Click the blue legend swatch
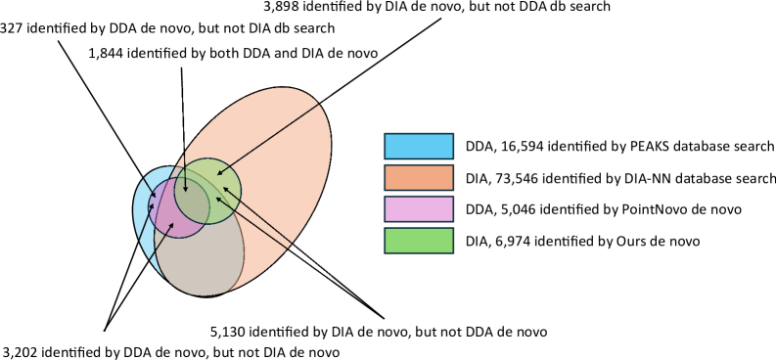pos(419,146)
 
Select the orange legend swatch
pos(419,177)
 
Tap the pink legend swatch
pos(419,208)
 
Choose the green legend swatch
pos(419,240)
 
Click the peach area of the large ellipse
pos(284,147)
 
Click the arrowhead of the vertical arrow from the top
pos(186,190)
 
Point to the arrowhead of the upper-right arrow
pos(219,174)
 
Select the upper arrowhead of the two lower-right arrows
pos(224,188)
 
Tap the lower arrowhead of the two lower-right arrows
pos(217,199)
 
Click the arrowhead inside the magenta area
pos(172,225)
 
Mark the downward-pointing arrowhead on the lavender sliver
pos(154,196)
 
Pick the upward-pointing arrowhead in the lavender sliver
pos(153,205)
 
